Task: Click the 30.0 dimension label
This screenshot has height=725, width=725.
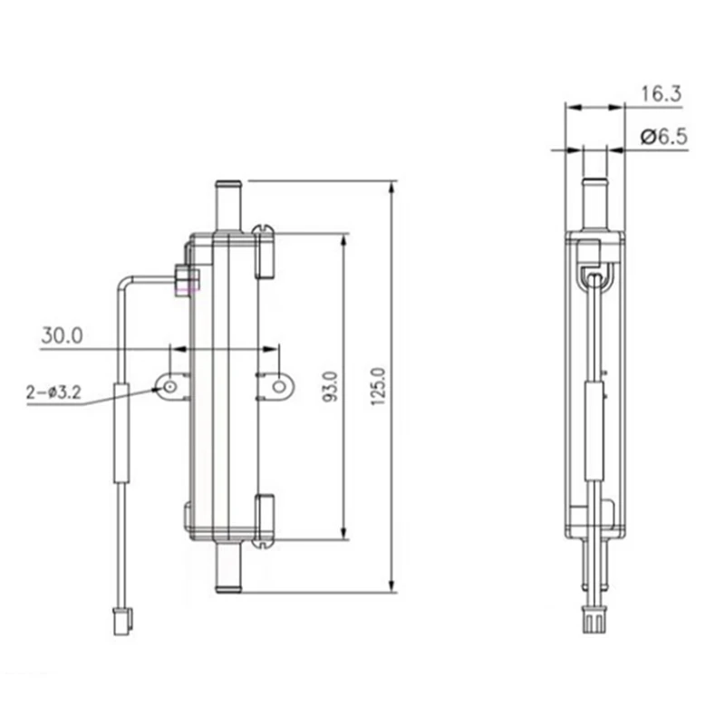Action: click(x=62, y=335)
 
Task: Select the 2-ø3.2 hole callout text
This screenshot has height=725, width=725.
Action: click(x=53, y=393)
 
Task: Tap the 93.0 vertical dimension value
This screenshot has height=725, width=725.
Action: click(x=330, y=387)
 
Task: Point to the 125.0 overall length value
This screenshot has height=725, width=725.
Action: click(x=378, y=387)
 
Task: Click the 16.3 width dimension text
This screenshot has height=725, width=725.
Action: click(x=662, y=94)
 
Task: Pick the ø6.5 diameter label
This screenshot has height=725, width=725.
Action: click(x=664, y=137)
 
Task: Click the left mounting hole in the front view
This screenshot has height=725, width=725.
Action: click(x=169, y=387)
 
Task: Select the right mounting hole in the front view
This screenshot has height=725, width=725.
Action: click(x=279, y=387)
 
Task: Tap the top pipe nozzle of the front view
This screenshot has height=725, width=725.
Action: click(x=228, y=207)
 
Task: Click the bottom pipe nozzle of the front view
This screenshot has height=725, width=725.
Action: click(x=228, y=566)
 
